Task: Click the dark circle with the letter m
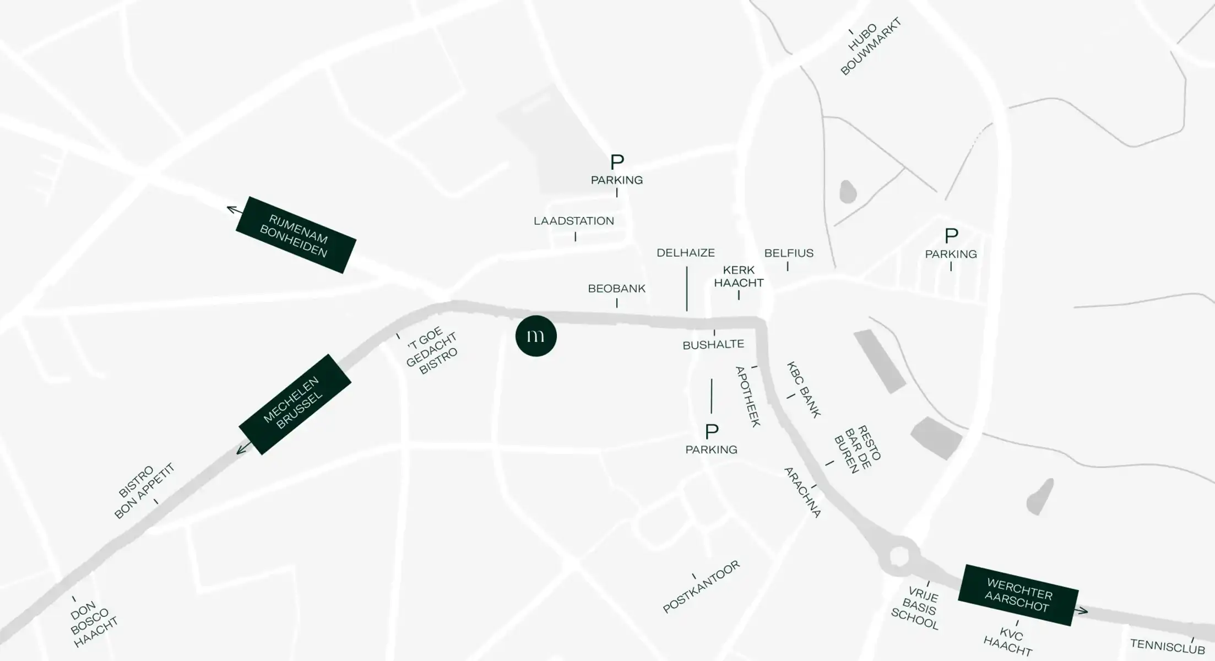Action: [x=536, y=336]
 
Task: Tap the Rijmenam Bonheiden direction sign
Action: [x=296, y=235]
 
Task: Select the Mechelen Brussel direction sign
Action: [x=295, y=404]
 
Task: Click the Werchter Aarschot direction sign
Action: [x=1018, y=595]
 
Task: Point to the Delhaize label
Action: [x=686, y=253]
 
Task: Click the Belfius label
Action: [x=789, y=253]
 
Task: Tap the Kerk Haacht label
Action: [x=739, y=277]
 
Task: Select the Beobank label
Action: [x=616, y=289]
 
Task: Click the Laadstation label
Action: [x=573, y=221]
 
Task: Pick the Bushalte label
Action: [x=713, y=345]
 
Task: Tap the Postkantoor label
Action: [x=701, y=587]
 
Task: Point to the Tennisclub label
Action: [x=1167, y=646]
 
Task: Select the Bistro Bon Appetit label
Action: [x=143, y=491]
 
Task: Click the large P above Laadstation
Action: [x=617, y=162]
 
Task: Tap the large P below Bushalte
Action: [x=712, y=431]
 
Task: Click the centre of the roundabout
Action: [x=899, y=556]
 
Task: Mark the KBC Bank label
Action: [x=804, y=389]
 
